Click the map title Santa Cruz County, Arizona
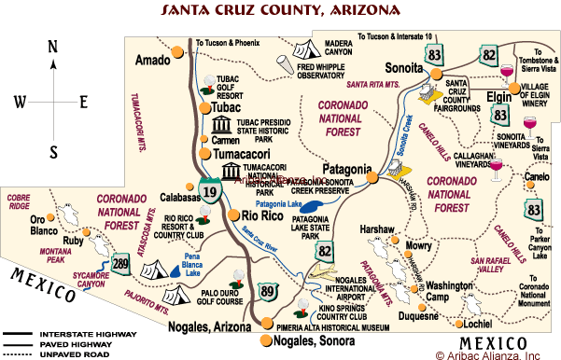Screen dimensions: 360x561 pos(280,11)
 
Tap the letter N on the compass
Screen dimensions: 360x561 pos(53,48)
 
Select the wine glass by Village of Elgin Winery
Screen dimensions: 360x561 pos(508,73)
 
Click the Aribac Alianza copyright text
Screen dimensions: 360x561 pos(486,353)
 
